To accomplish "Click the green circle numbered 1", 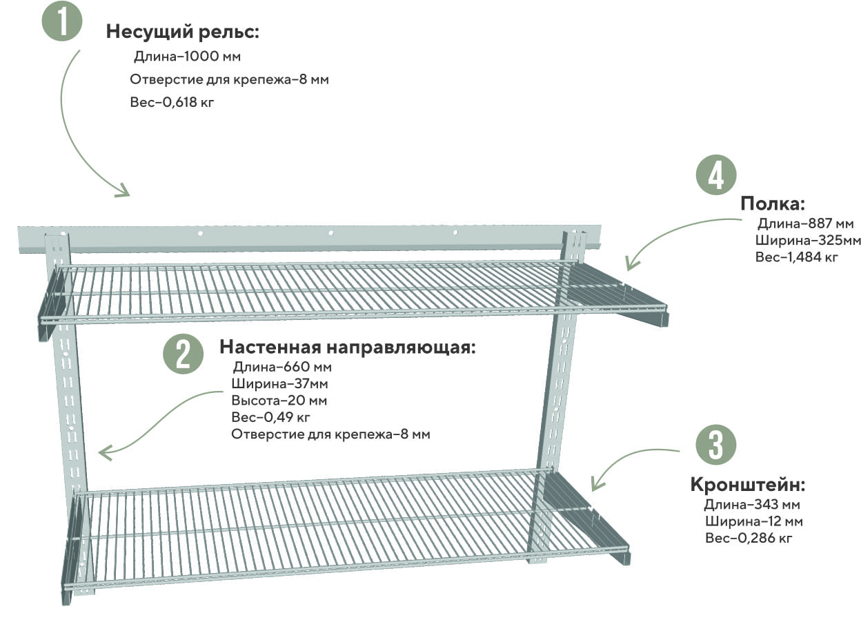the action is pos(62,21).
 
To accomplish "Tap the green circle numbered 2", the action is pos(184,354).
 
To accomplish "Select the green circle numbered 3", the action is pos(716,445).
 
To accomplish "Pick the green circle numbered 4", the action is pos(716,174).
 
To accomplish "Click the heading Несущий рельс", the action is pos(182,31).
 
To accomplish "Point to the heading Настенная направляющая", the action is pos(347,348).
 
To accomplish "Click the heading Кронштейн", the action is pos(748,485).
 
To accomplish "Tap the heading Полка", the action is pos(773,204).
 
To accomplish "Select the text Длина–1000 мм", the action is pos(187,57).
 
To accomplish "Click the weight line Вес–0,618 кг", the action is pos(172,102).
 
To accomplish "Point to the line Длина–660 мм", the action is pos(282,367).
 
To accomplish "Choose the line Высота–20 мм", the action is pos(279,401).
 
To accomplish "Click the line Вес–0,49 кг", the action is pos(270,417).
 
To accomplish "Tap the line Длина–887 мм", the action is pos(806,223).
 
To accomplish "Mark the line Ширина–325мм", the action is pos(808,240).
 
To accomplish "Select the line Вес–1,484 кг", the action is pos(797,257).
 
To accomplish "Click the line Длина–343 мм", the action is pos(752,505).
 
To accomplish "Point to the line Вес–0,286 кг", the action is pos(749,538).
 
